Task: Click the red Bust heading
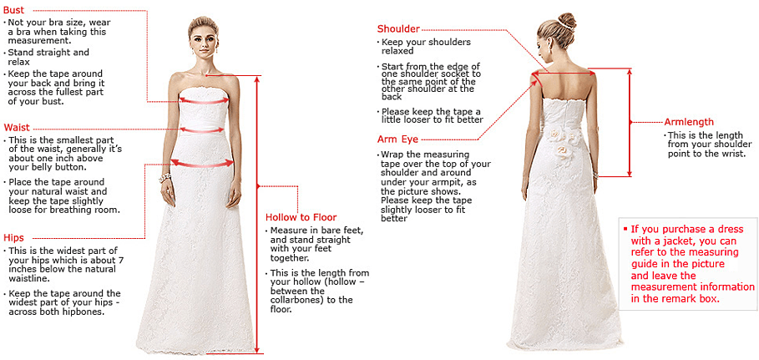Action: click(13, 8)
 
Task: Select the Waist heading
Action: click(17, 127)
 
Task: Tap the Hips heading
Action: click(13, 238)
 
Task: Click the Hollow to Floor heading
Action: click(301, 217)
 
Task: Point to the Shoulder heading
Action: click(398, 29)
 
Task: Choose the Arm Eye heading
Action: click(397, 139)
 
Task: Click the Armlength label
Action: click(689, 122)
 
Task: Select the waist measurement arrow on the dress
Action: click(202, 129)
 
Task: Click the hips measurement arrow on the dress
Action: click(201, 164)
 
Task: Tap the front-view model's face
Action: click(202, 38)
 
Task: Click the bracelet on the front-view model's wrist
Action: click(164, 178)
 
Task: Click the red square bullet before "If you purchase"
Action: click(625, 227)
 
